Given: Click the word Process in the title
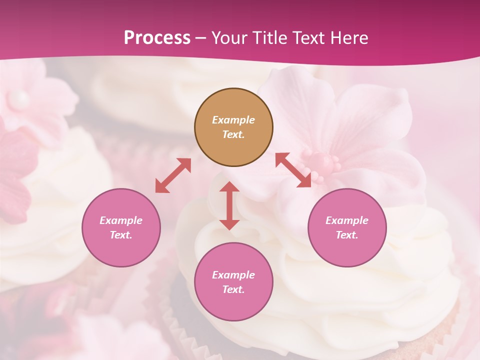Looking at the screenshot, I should [x=157, y=38].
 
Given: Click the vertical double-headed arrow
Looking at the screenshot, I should [x=229, y=205].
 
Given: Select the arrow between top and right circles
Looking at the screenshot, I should [x=293, y=170].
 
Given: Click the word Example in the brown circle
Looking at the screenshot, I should [x=233, y=120].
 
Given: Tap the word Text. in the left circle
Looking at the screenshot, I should [x=121, y=235].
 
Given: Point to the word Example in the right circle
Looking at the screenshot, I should [x=347, y=220].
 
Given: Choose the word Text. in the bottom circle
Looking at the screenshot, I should [x=233, y=289].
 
